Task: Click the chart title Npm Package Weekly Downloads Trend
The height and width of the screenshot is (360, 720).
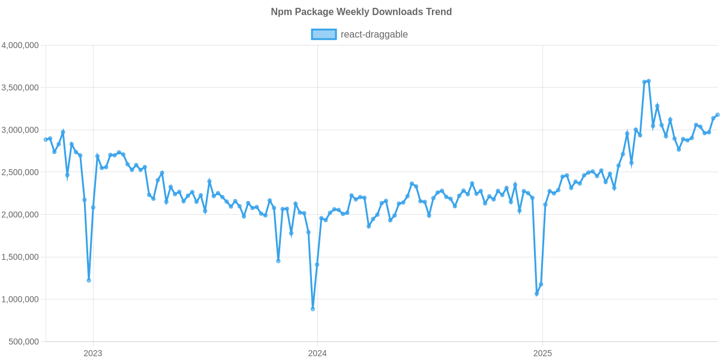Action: click(360, 12)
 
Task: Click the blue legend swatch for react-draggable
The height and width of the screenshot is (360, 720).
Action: click(323, 35)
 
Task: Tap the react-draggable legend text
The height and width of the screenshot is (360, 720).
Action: click(374, 35)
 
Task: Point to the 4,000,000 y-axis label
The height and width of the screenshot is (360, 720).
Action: click(20, 45)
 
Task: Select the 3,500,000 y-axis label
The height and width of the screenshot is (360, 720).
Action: click(20, 88)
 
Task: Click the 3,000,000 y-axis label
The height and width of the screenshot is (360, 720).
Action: click(20, 130)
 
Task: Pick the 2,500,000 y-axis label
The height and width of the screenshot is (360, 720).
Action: click(20, 172)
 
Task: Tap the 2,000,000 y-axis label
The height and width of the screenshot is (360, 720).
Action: click(20, 215)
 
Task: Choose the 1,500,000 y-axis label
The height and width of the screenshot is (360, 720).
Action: click(20, 257)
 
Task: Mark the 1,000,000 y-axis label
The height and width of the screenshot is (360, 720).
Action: click(20, 299)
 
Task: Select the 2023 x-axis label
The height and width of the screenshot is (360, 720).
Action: click(92, 353)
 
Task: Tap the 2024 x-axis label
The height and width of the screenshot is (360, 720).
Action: click(317, 353)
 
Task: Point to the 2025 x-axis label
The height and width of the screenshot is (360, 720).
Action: click(542, 353)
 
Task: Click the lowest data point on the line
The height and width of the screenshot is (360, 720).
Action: click(313, 309)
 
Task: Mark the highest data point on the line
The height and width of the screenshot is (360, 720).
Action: click(649, 81)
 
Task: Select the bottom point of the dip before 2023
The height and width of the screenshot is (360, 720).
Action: click(89, 280)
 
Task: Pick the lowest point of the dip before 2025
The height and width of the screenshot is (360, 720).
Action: click(536, 295)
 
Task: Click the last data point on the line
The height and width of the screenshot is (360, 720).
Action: click(718, 115)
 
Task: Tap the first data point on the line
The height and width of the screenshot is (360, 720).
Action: click(46, 139)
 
